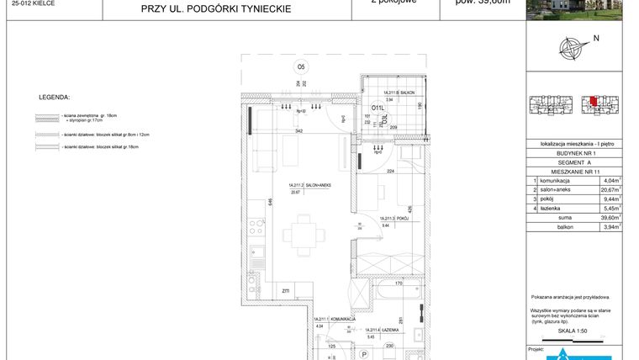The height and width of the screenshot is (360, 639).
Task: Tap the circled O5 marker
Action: (300, 66)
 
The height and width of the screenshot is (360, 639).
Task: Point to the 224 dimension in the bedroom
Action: (389, 171)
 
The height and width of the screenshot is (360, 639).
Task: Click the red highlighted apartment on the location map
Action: (594, 102)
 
